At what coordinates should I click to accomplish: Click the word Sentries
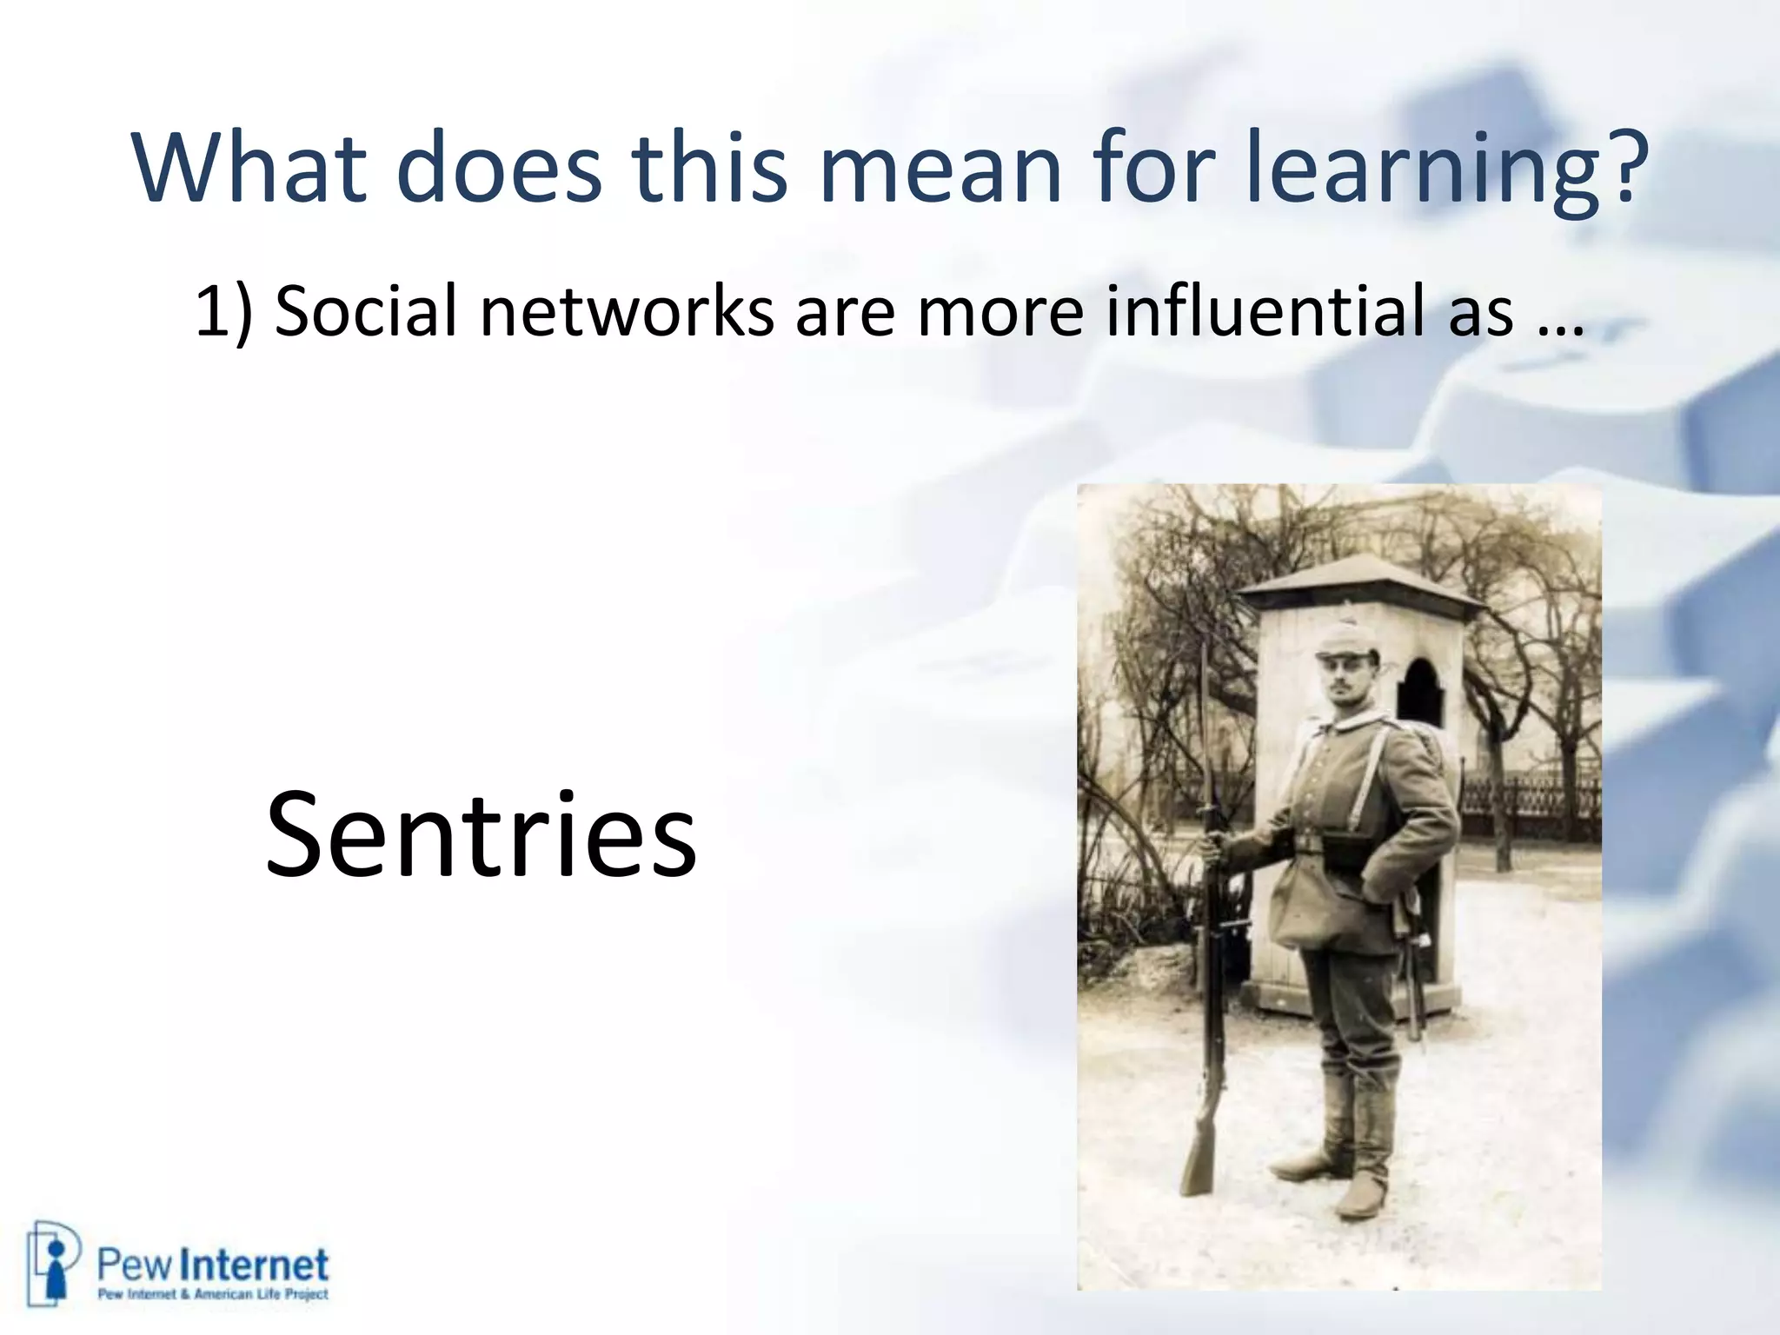point(481,834)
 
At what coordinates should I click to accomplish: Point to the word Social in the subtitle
point(365,311)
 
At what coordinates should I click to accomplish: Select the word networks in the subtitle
point(626,311)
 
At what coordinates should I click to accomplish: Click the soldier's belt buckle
point(1305,841)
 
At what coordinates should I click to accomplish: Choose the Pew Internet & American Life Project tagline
point(213,1294)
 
